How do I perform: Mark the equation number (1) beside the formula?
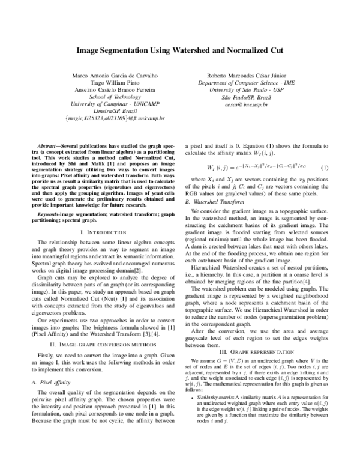325,166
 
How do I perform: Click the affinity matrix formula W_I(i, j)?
253,167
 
